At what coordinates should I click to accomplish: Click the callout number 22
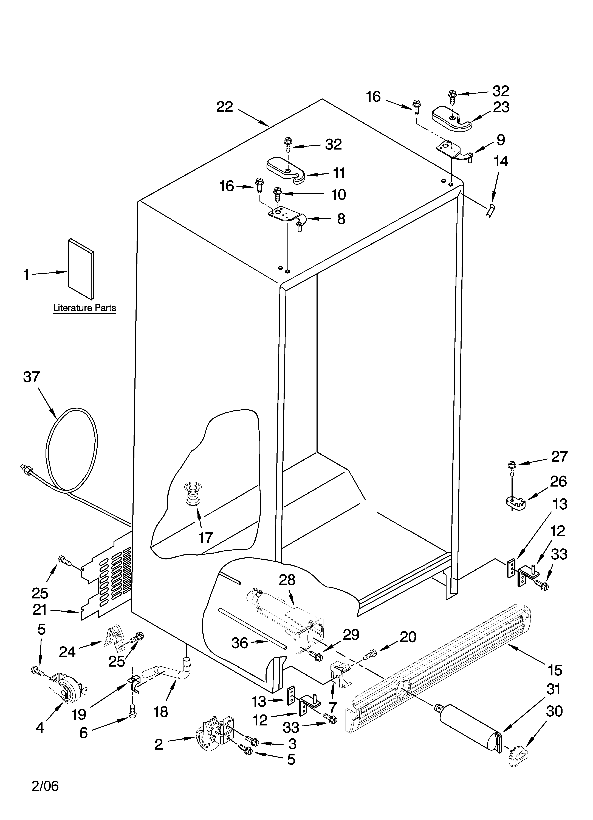(x=225, y=107)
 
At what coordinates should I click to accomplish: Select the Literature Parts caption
(x=84, y=308)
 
